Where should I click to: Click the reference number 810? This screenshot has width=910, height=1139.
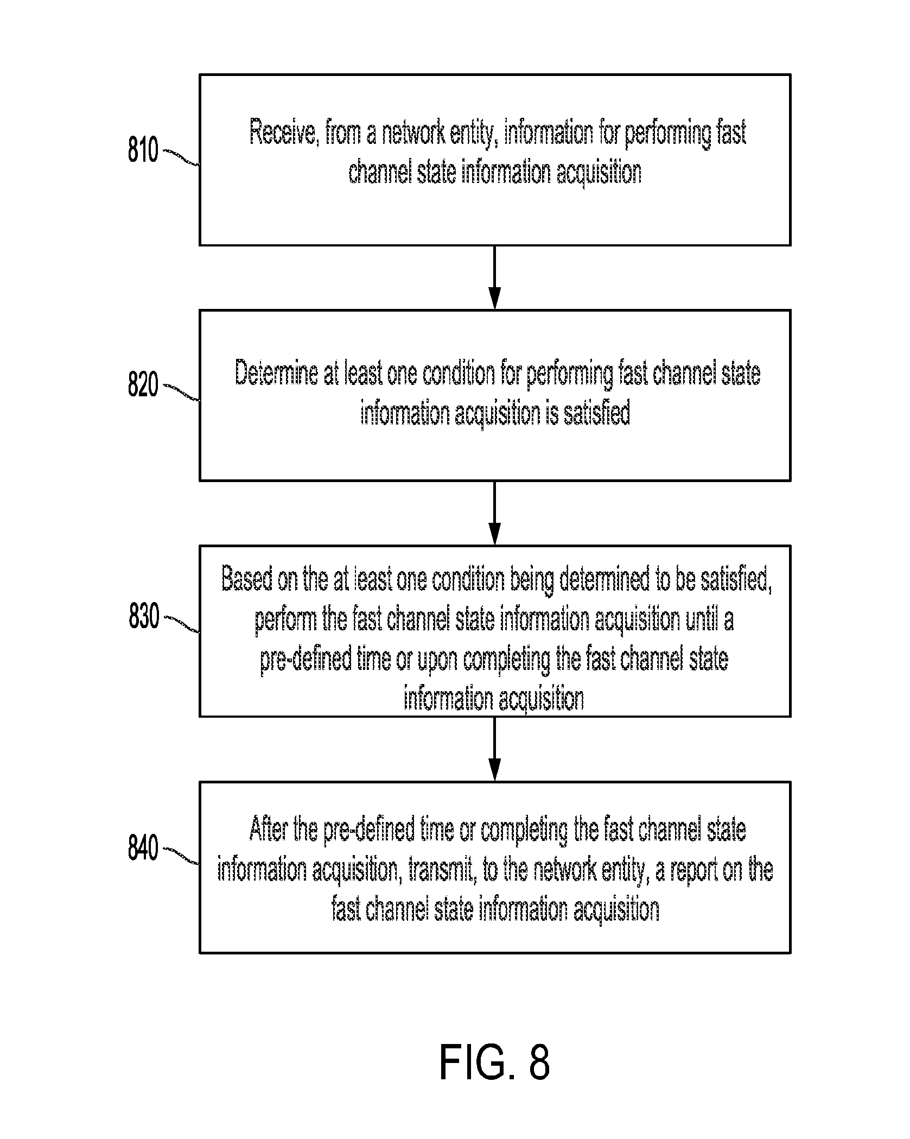tap(143, 150)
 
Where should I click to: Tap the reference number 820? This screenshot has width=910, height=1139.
tap(143, 385)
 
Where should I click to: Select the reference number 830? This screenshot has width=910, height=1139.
tap(144, 617)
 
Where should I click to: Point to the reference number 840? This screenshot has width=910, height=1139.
tap(143, 848)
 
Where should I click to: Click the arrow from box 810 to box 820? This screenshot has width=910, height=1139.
tap(494, 277)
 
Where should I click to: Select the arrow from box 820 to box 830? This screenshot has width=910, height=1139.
tap(494, 512)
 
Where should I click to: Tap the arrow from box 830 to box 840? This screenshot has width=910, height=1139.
tap(494, 749)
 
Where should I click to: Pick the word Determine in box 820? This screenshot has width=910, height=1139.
tap(276, 374)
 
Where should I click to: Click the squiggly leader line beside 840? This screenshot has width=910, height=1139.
tap(181, 856)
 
